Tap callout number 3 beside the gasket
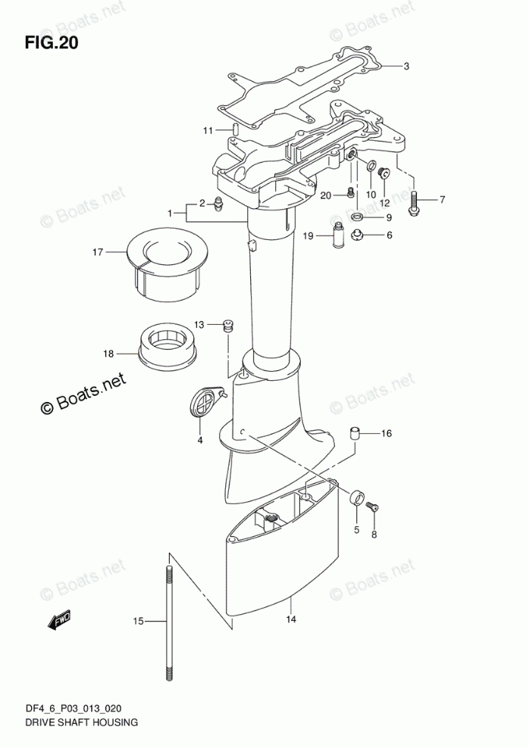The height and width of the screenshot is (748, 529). click(x=406, y=67)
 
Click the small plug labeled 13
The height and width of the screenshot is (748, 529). click(x=226, y=327)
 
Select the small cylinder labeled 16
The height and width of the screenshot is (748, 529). click(x=353, y=434)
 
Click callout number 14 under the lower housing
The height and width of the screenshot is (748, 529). click(x=290, y=620)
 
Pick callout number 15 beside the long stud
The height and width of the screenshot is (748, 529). click(x=138, y=622)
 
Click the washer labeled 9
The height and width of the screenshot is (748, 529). click(x=358, y=218)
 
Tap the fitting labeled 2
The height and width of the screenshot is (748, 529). click(x=218, y=204)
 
